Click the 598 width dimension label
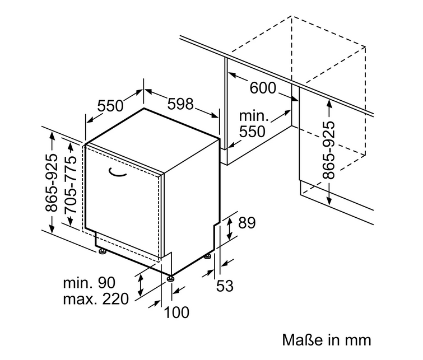click(180, 104)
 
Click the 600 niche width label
click(263, 88)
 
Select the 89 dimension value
click(247, 223)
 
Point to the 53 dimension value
click(225, 286)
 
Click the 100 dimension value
click(176, 312)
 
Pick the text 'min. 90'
click(89, 283)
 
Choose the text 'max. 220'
click(96, 299)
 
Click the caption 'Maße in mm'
click(327, 340)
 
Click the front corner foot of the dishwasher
click(170, 278)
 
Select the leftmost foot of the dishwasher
click(102, 251)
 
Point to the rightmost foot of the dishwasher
click(207, 256)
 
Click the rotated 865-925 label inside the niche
click(329, 150)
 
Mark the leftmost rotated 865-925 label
click(51, 183)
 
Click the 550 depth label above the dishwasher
click(110, 105)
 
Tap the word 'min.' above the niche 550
click(254, 116)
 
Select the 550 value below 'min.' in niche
click(252, 132)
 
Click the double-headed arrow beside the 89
click(230, 228)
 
